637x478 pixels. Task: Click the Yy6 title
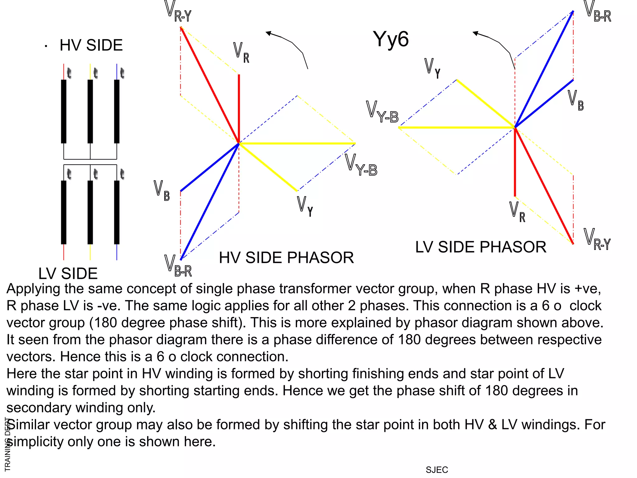[391, 39]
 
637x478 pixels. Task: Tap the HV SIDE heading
[91, 45]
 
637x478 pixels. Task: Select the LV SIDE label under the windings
[68, 274]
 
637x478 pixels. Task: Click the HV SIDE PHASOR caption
[286, 258]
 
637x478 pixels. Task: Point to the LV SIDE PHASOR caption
[481, 247]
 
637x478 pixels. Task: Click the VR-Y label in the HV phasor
[178, 12]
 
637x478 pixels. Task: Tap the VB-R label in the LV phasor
[597, 12]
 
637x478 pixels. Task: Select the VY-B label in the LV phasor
[382, 112]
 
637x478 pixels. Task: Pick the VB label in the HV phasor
[162, 190]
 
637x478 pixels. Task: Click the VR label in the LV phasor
[517, 212]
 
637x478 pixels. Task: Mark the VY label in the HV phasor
[305, 206]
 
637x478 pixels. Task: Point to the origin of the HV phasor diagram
[239, 143]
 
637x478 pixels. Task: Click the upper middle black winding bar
[90, 111]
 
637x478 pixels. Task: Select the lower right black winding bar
[117, 212]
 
